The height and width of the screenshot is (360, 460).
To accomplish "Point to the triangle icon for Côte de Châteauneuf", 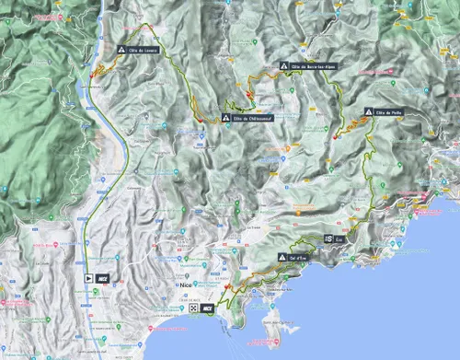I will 225,118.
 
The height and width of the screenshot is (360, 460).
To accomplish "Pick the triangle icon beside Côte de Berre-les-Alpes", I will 284,66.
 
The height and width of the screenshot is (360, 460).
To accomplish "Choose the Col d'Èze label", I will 297,256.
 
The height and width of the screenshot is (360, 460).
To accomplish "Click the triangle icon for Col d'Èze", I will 282,256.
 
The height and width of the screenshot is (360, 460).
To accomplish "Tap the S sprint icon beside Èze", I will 328,238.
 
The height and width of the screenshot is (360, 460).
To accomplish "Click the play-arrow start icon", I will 88,275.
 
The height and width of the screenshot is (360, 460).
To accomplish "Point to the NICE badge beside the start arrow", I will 104,275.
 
